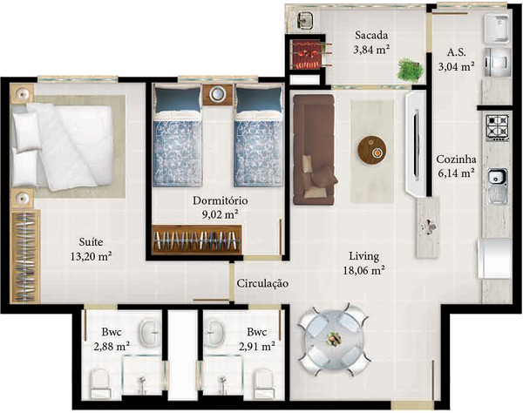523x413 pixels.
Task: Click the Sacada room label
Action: (371, 36)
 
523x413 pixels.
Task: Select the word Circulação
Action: (261, 284)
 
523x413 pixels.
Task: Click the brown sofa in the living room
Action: (311, 148)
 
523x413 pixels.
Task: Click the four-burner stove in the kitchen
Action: (498, 127)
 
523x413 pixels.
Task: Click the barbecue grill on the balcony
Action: (306, 56)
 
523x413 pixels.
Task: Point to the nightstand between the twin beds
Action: (216, 94)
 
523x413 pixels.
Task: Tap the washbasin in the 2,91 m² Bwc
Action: (217, 330)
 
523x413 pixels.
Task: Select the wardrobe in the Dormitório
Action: (197, 240)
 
